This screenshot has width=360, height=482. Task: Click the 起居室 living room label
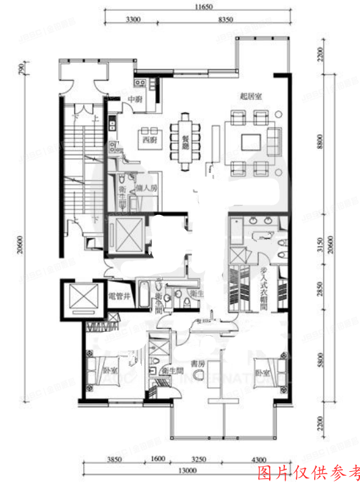252,96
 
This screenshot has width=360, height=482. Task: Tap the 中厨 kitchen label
135,100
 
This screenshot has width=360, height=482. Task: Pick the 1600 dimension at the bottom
158,458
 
